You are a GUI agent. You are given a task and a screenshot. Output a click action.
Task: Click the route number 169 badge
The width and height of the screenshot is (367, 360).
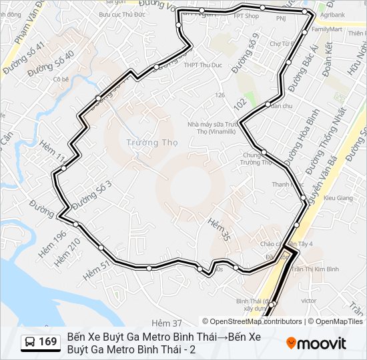[47, 342]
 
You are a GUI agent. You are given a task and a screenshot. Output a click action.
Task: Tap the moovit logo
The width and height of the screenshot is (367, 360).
[316, 343]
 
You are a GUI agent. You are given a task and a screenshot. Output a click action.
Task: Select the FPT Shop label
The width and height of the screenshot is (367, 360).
[248, 16]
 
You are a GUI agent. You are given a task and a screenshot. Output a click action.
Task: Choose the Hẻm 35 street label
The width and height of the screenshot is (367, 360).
[218, 229]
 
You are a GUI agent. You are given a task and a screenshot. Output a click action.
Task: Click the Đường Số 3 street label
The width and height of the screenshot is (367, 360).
[91, 193]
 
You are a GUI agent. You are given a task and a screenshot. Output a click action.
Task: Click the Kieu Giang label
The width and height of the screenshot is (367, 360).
[338, 198]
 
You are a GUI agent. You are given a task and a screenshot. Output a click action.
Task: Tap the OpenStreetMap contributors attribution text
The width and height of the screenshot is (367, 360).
[252, 321]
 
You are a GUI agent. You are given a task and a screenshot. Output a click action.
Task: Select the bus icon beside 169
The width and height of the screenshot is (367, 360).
[30, 343]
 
